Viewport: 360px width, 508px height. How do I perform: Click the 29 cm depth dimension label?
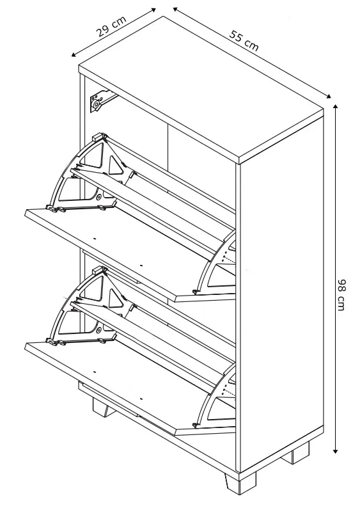click(x=111, y=26)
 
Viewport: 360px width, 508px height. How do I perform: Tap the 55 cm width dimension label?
click(x=244, y=40)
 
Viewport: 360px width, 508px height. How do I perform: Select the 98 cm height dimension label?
click(x=341, y=295)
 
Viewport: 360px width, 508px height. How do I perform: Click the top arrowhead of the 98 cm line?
click(x=336, y=107)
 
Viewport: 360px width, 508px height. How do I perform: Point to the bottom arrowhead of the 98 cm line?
click(x=336, y=450)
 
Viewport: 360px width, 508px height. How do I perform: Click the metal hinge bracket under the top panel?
click(x=101, y=100)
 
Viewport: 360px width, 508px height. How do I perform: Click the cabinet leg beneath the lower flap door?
click(x=104, y=408)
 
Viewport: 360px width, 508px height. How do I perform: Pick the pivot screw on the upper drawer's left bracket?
click(x=98, y=196)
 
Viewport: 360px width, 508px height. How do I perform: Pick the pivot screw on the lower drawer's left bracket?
click(x=98, y=330)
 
